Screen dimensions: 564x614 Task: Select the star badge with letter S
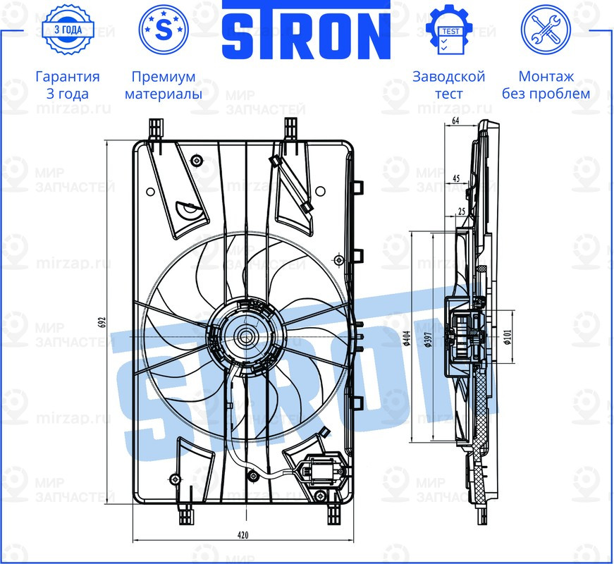[x=164, y=30]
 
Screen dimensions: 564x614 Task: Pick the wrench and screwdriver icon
[x=545, y=30]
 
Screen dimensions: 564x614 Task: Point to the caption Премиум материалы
[x=164, y=85]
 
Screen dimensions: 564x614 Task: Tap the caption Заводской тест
[x=448, y=85]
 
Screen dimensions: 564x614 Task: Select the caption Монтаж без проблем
[x=546, y=85]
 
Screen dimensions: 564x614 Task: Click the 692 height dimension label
[x=103, y=321]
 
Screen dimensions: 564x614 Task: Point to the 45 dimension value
[x=457, y=179]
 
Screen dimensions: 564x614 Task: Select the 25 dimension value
[x=462, y=211]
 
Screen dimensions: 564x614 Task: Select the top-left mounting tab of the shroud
[x=156, y=129]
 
